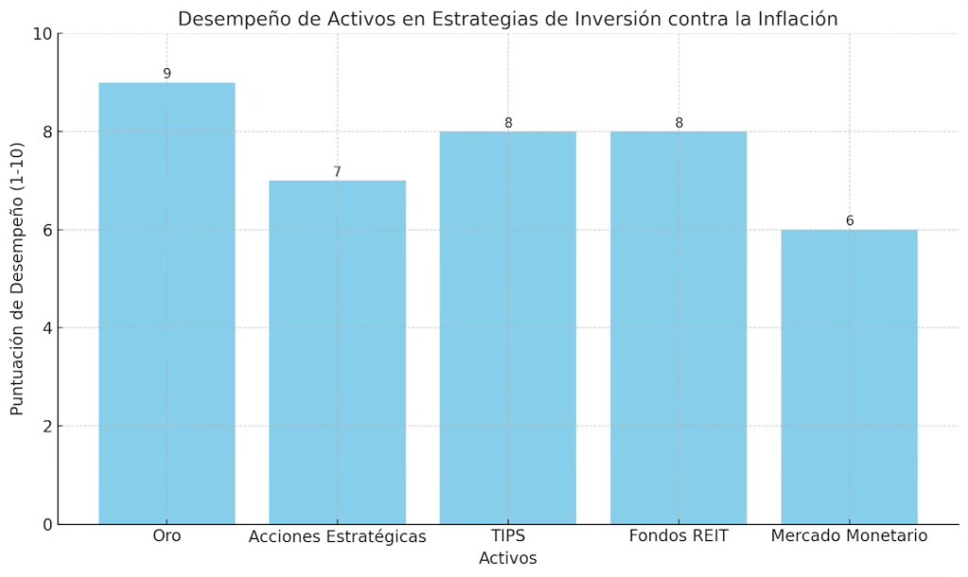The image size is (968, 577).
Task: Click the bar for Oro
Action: pyautogui.click(x=166, y=303)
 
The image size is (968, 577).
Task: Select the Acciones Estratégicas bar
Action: pyautogui.click(x=337, y=352)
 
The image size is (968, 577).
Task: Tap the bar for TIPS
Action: pyautogui.click(x=508, y=327)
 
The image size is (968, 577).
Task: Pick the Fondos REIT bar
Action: pyautogui.click(x=679, y=327)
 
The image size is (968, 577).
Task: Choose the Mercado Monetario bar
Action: pyautogui.click(x=849, y=376)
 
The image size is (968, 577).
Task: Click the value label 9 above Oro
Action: pyautogui.click(x=166, y=74)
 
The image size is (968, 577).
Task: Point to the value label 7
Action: pyautogui.click(x=337, y=172)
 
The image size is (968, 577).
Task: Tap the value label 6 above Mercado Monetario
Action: pyautogui.click(x=849, y=221)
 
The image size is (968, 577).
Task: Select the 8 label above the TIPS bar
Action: pyautogui.click(x=508, y=123)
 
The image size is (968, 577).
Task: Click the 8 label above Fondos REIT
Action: pyautogui.click(x=679, y=123)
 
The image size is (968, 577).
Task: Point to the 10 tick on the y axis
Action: pyautogui.click(x=42, y=34)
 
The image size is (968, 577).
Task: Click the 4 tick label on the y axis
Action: pyautogui.click(x=46, y=328)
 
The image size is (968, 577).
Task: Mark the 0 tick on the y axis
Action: pyautogui.click(x=46, y=524)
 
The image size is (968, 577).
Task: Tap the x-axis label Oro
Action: pyautogui.click(x=166, y=537)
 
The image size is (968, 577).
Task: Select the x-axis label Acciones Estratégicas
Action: pyautogui.click(x=337, y=537)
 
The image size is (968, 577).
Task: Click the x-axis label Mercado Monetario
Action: pyautogui.click(x=849, y=536)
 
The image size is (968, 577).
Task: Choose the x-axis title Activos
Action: pyautogui.click(x=508, y=558)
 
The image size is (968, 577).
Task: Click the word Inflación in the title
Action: pyautogui.click(x=798, y=19)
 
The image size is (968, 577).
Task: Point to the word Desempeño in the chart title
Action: pyautogui.click(x=224, y=19)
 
